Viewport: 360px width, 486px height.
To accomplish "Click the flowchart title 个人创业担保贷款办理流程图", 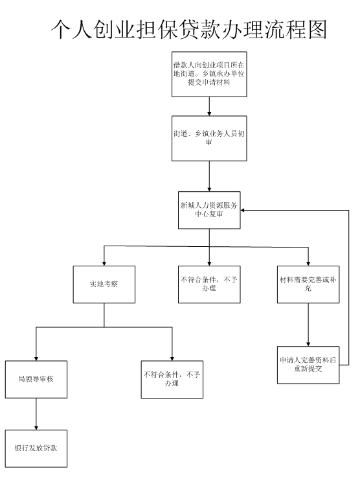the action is click(x=189, y=30).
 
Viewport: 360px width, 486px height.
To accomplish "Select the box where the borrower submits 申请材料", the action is click(x=209, y=74).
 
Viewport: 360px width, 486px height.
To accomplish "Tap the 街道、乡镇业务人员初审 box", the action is click(x=209, y=138).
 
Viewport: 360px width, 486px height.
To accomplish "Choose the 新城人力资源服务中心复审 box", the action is click(x=209, y=210).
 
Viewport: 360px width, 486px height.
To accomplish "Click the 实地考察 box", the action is click(x=104, y=284).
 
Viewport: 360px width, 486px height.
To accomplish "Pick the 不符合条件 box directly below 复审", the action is click(x=209, y=284).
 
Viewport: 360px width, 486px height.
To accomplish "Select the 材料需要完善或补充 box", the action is click(x=308, y=284).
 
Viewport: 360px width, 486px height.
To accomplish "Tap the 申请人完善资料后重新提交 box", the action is click(x=308, y=365).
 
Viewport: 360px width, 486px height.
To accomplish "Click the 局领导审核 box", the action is click(x=36, y=379).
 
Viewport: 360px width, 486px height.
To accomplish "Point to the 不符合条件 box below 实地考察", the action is click(x=172, y=379).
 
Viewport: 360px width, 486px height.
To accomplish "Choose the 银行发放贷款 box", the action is click(x=36, y=448).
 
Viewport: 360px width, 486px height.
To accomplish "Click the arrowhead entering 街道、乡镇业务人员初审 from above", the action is click(x=209, y=113).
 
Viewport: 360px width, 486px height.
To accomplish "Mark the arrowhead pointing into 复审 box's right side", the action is click(x=243, y=210).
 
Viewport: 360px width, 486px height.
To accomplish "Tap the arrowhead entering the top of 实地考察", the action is click(x=104, y=264).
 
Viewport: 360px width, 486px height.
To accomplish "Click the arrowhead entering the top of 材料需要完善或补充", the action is click(x=308, y=264).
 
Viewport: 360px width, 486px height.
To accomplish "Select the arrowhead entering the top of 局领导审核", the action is click(x=36, y=358).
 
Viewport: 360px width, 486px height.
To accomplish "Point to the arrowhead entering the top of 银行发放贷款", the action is click(x=36, y=428).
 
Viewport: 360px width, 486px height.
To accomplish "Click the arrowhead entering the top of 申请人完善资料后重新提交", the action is click(x=308, y=344).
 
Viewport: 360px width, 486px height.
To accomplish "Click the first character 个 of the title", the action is click(x=61, y=30).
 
